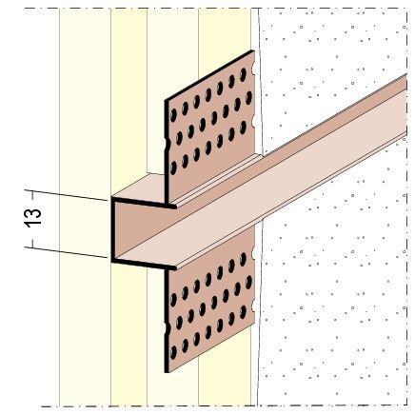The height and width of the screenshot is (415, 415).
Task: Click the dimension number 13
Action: [x=33, y=217]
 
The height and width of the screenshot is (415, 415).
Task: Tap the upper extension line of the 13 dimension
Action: [x=66, y=195]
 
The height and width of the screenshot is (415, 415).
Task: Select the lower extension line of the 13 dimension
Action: [x=66, y=252]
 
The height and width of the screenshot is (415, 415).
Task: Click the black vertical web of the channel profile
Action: [x=112, y=229]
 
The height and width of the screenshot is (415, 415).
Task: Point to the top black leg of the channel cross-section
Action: [x=144, y=203]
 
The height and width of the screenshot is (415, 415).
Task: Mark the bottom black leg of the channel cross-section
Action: [x=144, y=264]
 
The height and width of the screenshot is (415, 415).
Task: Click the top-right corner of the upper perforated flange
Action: [x=253, y=50]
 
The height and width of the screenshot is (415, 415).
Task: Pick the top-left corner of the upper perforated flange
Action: [x=166, y=101]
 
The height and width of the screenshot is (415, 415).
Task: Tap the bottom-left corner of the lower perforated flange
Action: [x=166, y=372]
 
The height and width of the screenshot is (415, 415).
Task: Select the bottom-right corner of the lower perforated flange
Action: [x=254, y=325]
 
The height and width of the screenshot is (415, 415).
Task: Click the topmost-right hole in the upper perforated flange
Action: [x=243, y=74]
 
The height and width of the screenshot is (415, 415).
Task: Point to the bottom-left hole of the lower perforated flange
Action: [x=173, y=352]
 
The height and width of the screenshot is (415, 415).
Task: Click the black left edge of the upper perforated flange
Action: [x=167, y=151]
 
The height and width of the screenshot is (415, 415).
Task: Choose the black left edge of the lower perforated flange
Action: [x=167, y=321]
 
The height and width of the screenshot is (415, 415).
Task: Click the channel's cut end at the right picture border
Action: [x=406, y=105]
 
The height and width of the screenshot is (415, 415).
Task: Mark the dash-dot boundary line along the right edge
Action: [x=407, y=207]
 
